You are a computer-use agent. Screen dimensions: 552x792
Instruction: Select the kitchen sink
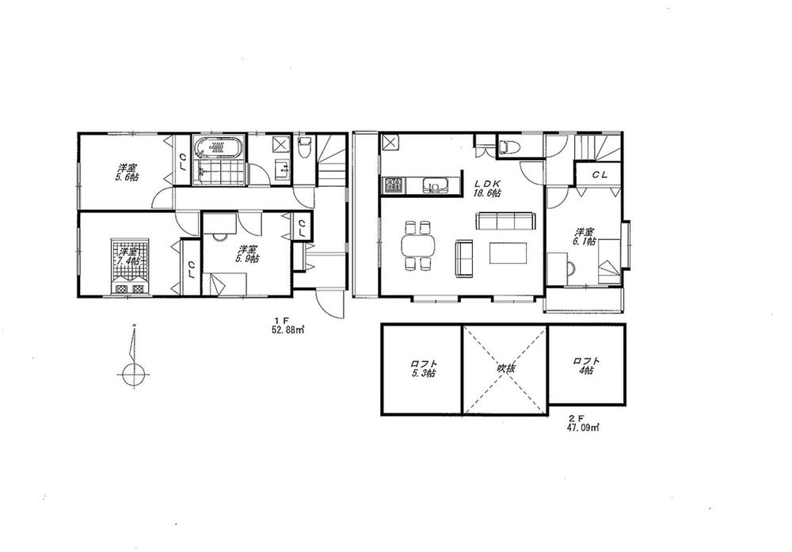pos(435,186)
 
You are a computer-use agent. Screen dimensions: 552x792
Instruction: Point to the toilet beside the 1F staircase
pos(305,148)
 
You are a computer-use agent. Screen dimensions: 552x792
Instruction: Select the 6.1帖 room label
pos(585,238)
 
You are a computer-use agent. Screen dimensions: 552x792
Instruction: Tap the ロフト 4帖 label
pos(587,365)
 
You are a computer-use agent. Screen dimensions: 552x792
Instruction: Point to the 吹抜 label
pos(506,369)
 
